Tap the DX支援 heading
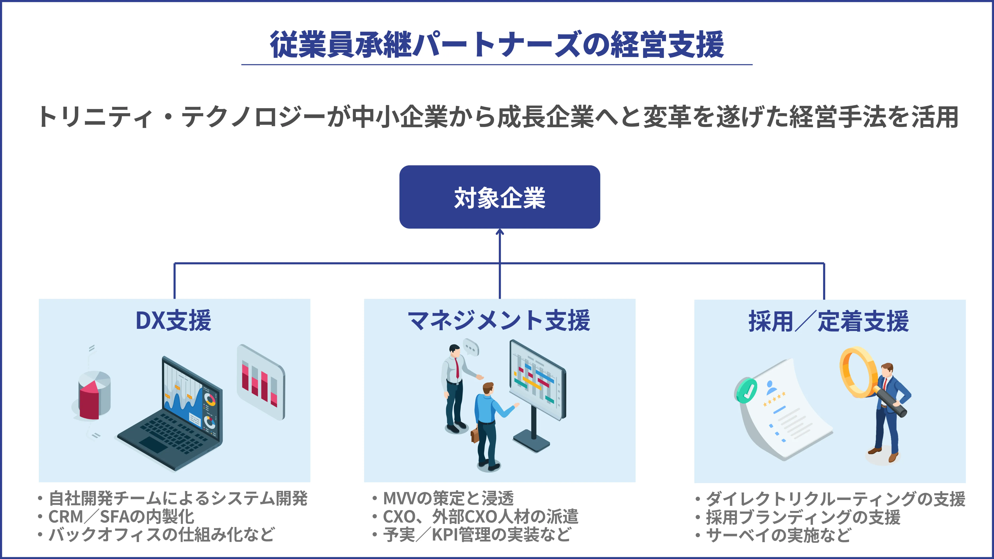173,320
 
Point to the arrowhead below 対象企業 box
500,232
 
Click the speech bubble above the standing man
471,347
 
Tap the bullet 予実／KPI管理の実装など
477,535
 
